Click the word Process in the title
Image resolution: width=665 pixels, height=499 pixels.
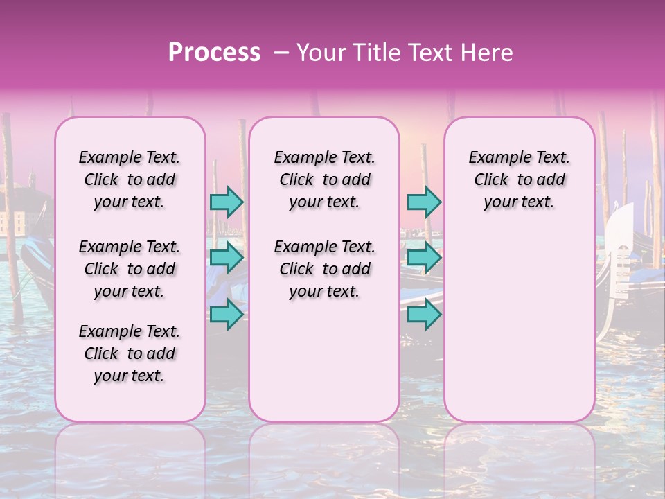point(214,53)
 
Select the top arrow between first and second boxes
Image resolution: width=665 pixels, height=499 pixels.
point(227,202)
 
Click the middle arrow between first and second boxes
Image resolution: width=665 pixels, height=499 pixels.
point(227,258)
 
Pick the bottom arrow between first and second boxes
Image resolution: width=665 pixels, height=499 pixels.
point(227,314)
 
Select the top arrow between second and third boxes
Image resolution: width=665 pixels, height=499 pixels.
point(424,202)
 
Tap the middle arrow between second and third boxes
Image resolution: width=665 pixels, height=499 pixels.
point(424,258)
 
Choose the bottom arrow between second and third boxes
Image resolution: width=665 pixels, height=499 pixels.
point(424,314)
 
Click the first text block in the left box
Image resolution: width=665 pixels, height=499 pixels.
point(130,180)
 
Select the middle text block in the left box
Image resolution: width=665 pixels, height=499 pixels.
point(130,269)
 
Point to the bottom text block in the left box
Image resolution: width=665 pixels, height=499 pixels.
point(130,353)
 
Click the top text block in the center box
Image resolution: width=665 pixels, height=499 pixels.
point(325,180)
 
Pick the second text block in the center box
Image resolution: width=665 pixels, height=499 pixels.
point(325,269)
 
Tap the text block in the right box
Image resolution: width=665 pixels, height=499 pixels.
point(520,180)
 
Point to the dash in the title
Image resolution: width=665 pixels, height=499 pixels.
point(281,53)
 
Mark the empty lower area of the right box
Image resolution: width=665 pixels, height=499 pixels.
point(520,326)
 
